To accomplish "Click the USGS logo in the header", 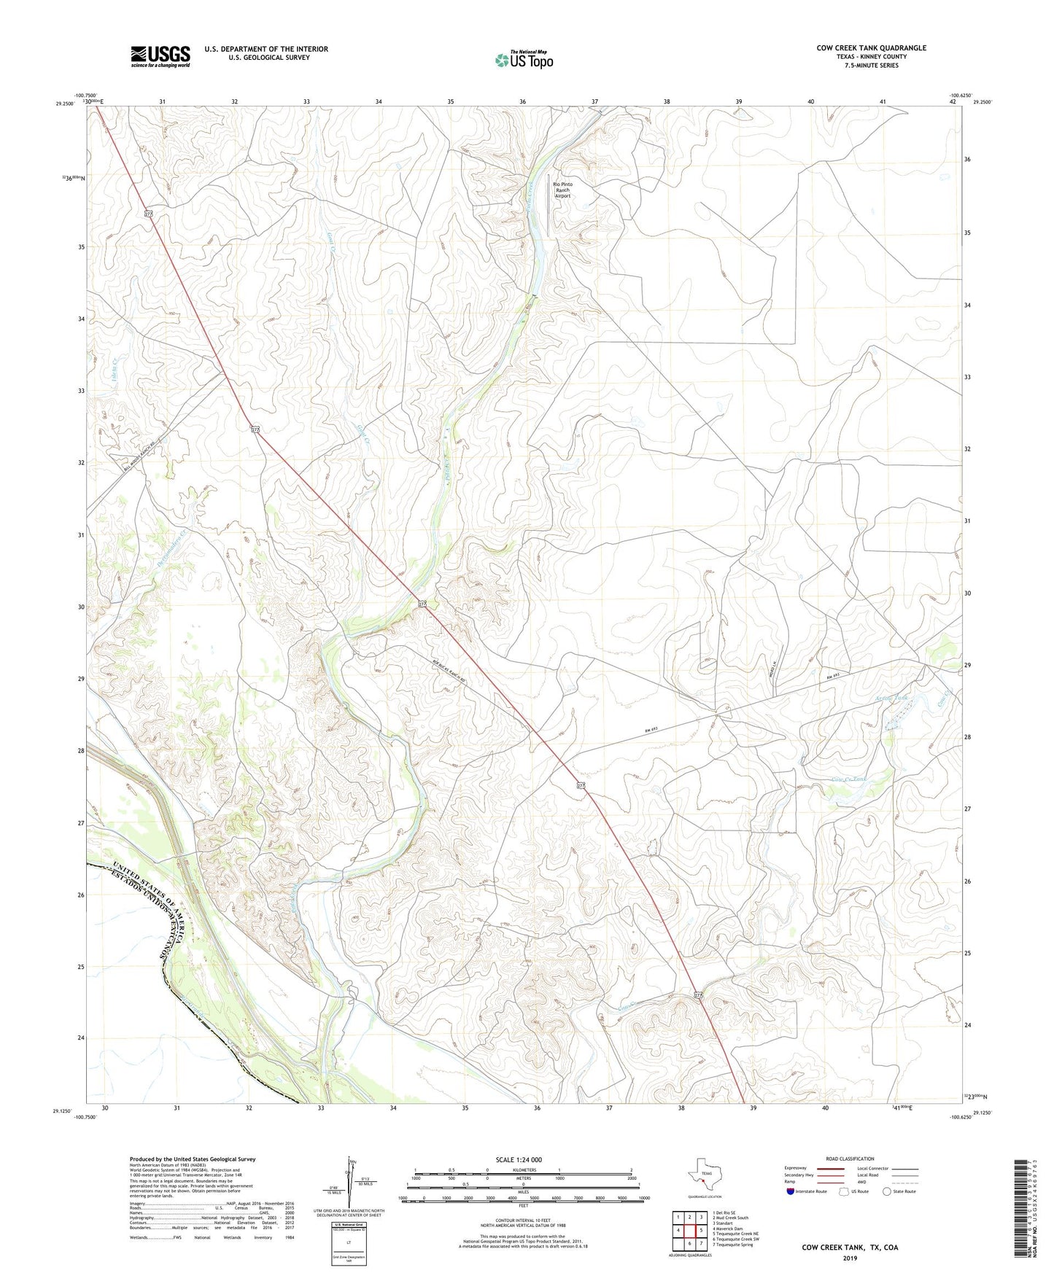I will point(160,56).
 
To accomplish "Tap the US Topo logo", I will point(523,60).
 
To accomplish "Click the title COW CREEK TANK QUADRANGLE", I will point(871,48).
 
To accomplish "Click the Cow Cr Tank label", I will point(850,779).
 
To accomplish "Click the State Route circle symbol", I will point(886,1191).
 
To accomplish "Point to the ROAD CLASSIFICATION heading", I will point(850,1159).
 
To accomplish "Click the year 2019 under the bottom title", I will point(850,1258).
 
